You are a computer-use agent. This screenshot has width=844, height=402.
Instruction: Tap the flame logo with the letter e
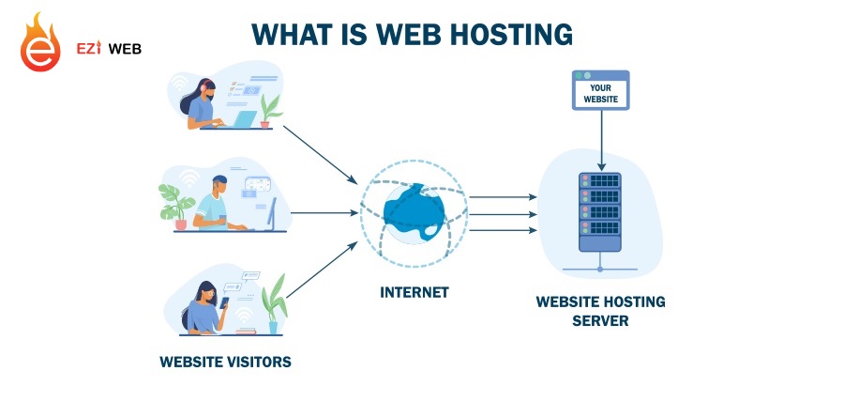[x=40, y=44]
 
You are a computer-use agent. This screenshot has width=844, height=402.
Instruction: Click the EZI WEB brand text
[x=109, y=48]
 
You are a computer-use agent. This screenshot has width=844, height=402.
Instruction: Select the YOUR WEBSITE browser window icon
[x=599, y=91]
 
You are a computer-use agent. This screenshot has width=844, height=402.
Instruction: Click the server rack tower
[x=599, y=211]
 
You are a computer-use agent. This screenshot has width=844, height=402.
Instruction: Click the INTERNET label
[x=414, y=292]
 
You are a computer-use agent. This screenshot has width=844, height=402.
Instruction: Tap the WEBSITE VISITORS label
[x=225, y=361]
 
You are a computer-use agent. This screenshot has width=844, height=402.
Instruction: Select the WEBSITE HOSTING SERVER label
[x=600, y=311]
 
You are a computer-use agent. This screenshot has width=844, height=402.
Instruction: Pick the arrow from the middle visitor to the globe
[x=324, y=212]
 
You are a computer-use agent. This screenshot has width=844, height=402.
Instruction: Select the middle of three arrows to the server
[x=503, y=213]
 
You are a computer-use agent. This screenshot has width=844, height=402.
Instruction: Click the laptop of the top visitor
[x=243, y=119]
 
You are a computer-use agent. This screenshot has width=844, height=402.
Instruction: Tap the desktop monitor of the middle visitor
[x=271, y=214]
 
